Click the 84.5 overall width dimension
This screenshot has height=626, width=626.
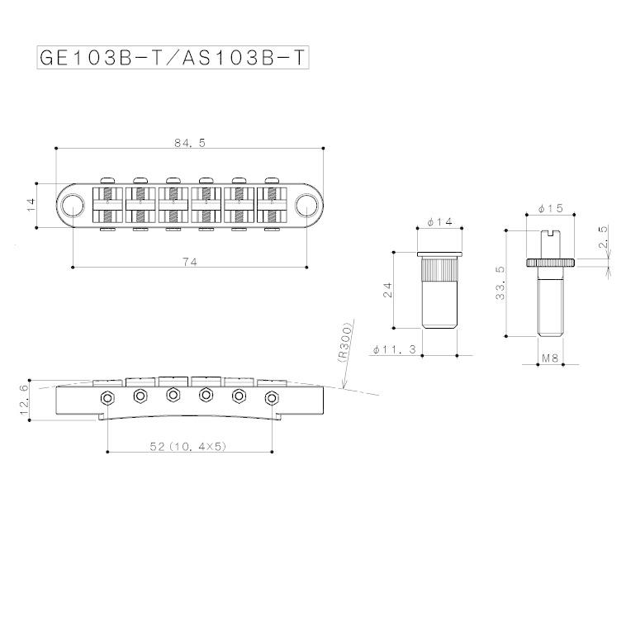[189, 142]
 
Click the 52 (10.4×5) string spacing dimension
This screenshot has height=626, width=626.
[188, 446]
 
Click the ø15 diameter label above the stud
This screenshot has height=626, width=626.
[550, 207]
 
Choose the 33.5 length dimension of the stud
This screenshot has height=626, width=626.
[498, 285]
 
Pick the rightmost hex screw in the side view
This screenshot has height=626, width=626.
[271, 398]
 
